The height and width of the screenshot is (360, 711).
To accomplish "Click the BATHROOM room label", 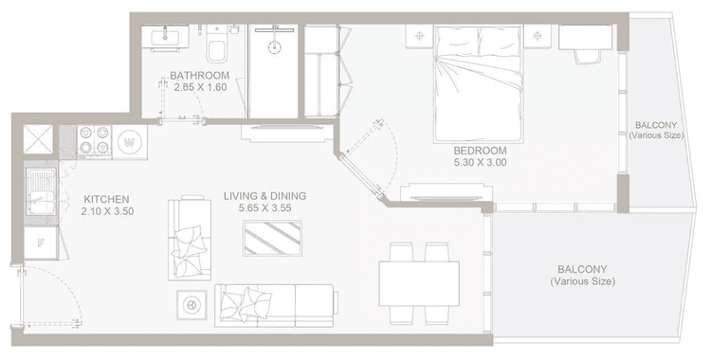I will pos(199,76).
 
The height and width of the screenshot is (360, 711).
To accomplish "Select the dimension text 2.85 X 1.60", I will pos(199,88).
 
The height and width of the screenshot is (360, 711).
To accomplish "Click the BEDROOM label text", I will pos(480,151).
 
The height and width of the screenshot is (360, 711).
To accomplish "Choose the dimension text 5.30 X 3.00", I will pos(480,163).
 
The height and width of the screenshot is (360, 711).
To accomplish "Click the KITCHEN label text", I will pos(105,199).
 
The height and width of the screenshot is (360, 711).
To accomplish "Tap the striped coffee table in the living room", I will pos(273,237).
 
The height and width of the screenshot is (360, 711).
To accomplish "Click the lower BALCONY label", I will pos(582,275).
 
